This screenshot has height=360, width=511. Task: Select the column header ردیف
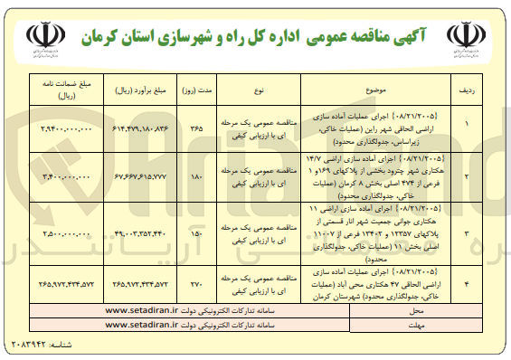click(x=468, y=91)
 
